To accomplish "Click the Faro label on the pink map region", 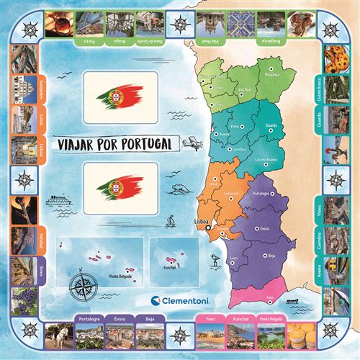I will point(269,295).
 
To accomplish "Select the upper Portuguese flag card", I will point(120,97).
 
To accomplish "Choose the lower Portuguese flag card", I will point(120,189).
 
